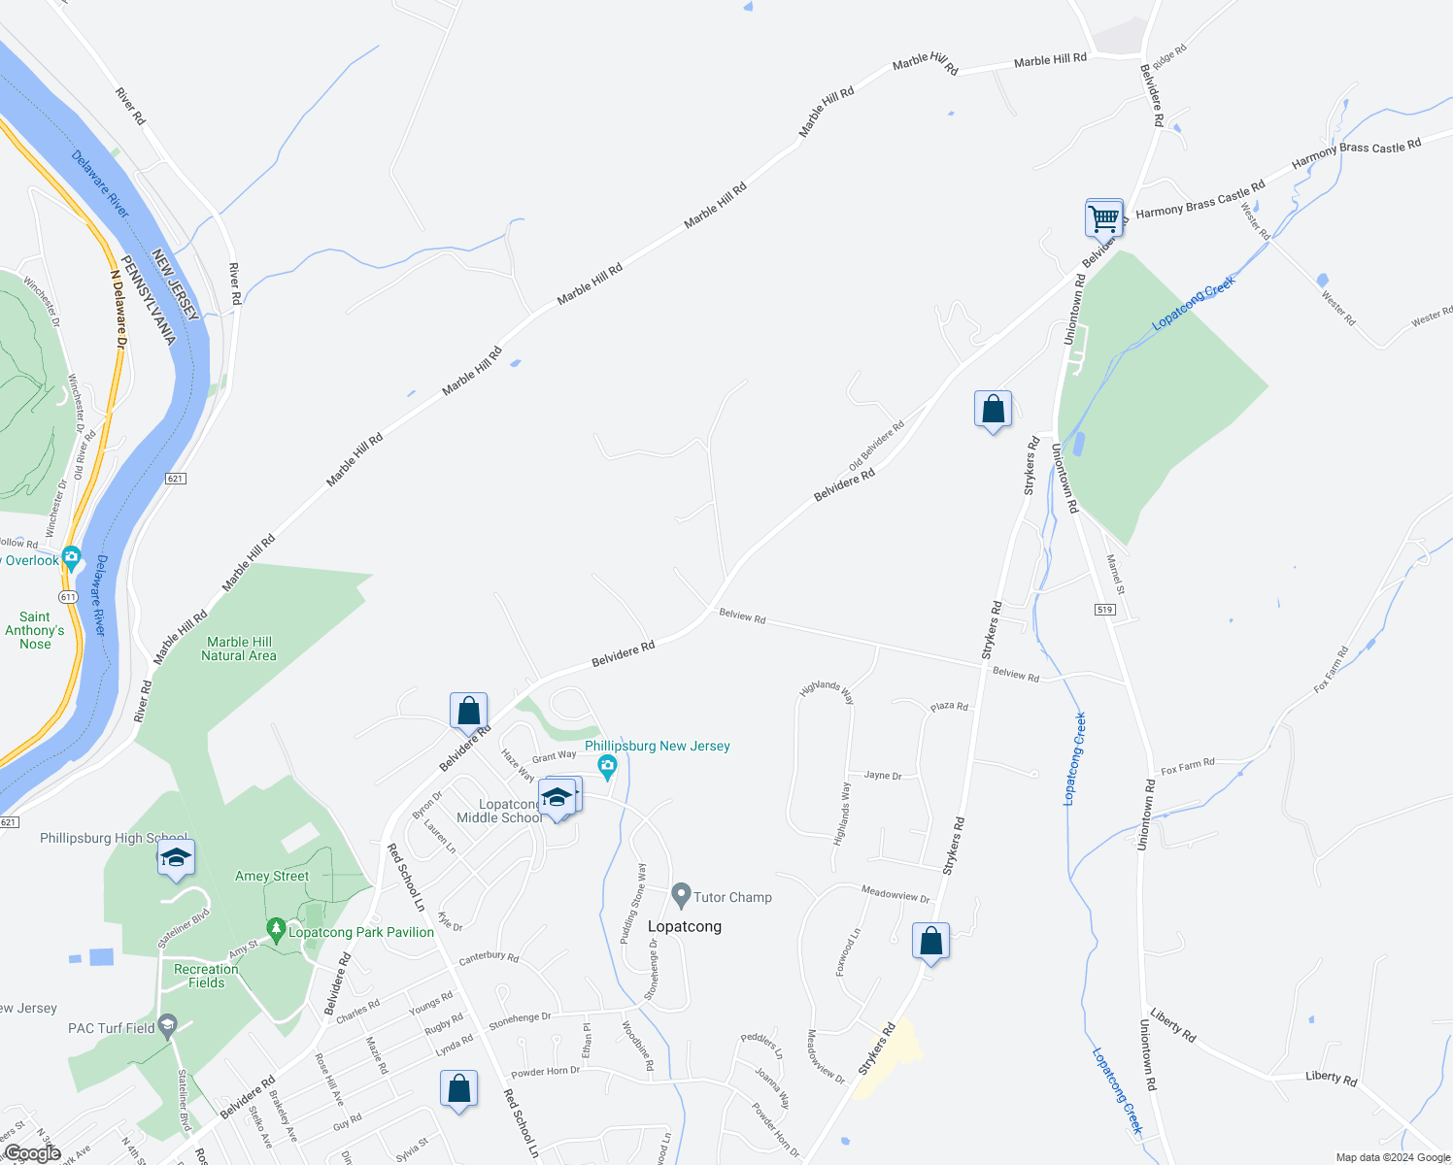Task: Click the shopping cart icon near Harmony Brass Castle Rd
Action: [x=1104, y=218]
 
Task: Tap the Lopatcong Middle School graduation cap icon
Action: [x=557, y=798]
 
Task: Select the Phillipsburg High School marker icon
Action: [x=176, y=858]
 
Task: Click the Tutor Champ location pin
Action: [x=681, y=895]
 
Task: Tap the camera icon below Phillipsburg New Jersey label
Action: [x=608, y=767]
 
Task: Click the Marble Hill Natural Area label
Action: [x=239, y=649]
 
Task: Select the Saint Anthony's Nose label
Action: [x=35, y=630]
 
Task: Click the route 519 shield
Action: [x=1104, y=610]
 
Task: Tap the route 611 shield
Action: [x=67, y=596]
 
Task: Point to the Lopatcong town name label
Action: [x=685, y=926]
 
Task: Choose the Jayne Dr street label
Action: [x=883, y=776]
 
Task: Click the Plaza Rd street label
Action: [x=949, y=707]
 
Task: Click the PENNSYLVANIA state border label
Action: [x=147, y=300]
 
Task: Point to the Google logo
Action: [x=32, y=1152]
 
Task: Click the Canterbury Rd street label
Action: [x=489, y=957]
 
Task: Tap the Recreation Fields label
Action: [x=206, y=976]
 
